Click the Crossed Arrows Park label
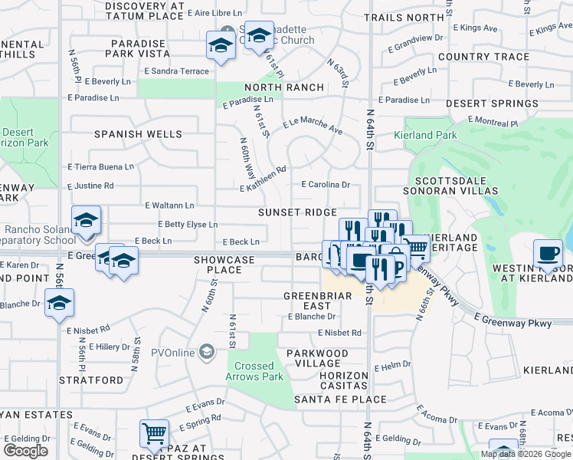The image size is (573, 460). (259, 371)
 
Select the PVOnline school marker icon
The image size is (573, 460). (205, 352)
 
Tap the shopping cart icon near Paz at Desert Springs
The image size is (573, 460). (154, 434)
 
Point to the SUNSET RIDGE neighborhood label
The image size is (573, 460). (297, 212)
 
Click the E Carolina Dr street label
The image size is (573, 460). (326, 185)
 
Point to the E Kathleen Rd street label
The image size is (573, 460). (263, 179)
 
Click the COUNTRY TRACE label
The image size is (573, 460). (484, 57)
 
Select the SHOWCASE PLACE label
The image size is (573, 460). (224, 264)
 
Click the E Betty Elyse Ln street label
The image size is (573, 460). (188, 225)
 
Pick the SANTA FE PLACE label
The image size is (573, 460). (340, 399)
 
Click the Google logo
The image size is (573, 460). (26, 450)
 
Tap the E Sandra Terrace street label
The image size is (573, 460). (176, 71)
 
